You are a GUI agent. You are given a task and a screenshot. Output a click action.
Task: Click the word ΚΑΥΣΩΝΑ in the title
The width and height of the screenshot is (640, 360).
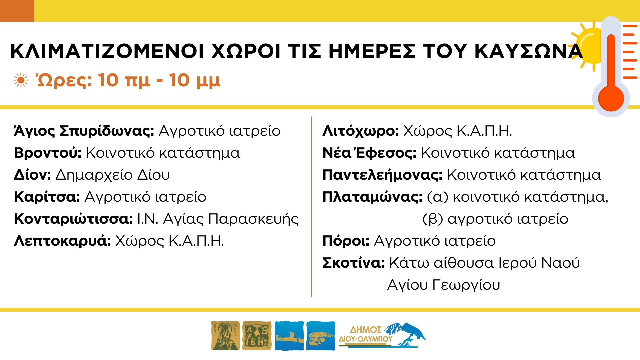pos(528,51)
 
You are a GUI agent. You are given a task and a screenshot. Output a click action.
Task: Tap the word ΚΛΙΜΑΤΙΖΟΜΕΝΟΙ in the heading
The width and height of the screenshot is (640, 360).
pos(107,51)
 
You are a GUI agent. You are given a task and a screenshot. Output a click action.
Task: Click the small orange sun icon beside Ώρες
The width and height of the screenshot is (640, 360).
pos(21,81)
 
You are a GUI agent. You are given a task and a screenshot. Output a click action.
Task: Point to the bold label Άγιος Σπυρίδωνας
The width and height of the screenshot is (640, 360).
pos(84,131)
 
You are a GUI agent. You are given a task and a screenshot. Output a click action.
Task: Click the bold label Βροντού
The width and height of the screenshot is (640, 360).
pos(48,153)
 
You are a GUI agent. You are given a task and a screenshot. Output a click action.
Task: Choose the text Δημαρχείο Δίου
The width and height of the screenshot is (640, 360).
pos(113,175)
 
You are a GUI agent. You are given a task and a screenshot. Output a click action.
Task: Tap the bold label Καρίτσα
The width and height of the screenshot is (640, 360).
pos(47,197)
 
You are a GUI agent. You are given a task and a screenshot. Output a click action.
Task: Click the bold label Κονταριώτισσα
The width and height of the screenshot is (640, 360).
pos(73,219)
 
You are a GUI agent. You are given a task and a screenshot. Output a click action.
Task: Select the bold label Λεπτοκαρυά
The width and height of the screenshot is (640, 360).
pos(62,241)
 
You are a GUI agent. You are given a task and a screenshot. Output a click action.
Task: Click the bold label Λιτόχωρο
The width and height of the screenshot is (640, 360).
pos(361,131)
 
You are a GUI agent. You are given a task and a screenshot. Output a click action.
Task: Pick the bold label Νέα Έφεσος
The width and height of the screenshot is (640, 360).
pos(369,153)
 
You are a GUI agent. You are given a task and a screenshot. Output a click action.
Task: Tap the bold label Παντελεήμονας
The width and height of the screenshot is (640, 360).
pos(382,175)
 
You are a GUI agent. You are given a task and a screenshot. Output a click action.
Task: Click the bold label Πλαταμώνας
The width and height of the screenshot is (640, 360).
pos(372,197)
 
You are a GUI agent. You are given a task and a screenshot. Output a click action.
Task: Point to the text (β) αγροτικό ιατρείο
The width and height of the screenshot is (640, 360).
pos(495,219)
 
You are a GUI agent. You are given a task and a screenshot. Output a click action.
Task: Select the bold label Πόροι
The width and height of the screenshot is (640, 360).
pos(346,241)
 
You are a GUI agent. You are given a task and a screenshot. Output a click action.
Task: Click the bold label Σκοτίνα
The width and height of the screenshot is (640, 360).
pos(354,263)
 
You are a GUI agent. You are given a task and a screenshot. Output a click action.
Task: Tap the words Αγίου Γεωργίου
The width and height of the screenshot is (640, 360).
pos(444,285)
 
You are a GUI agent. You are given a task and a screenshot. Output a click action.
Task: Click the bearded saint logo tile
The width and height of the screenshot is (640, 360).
pos(225,336)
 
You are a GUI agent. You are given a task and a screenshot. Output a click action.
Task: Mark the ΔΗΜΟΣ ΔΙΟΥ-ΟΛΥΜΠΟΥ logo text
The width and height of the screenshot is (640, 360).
pos(366,334)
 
